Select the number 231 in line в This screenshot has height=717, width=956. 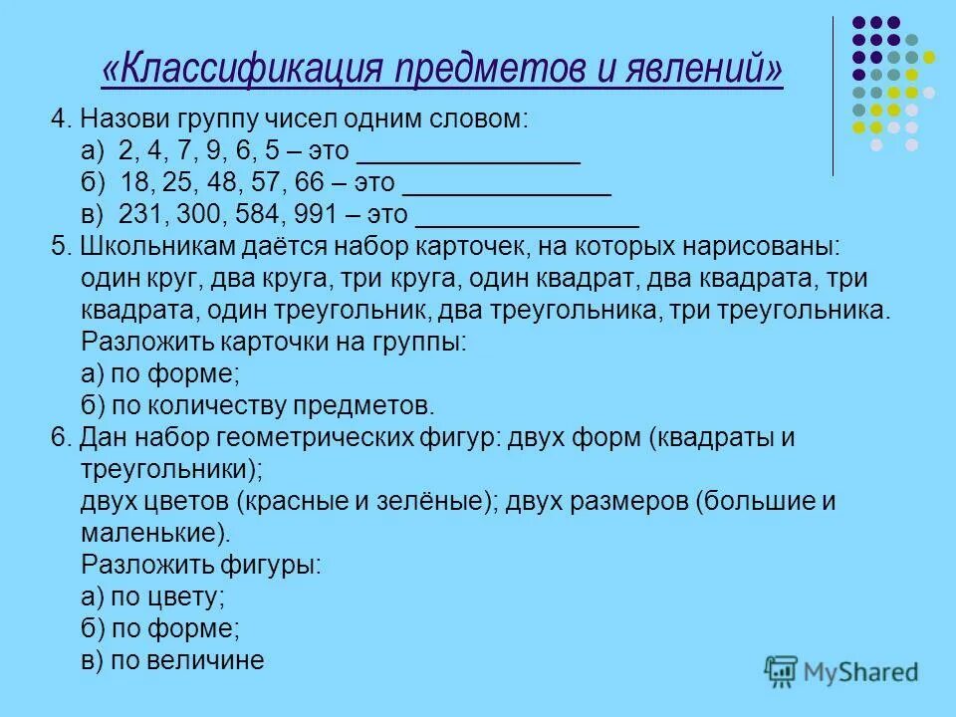(139, 215)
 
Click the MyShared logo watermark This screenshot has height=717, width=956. (841, 669)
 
